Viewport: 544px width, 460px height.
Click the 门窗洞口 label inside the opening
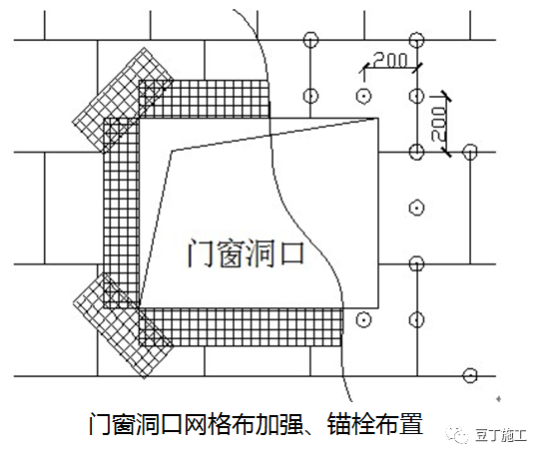(x=245, y=253)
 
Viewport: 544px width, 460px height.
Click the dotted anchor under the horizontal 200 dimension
(x=364, y=95)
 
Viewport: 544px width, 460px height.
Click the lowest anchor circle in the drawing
(x=468, y=375)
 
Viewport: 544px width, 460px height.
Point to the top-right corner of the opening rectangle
(x=377, y=119)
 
